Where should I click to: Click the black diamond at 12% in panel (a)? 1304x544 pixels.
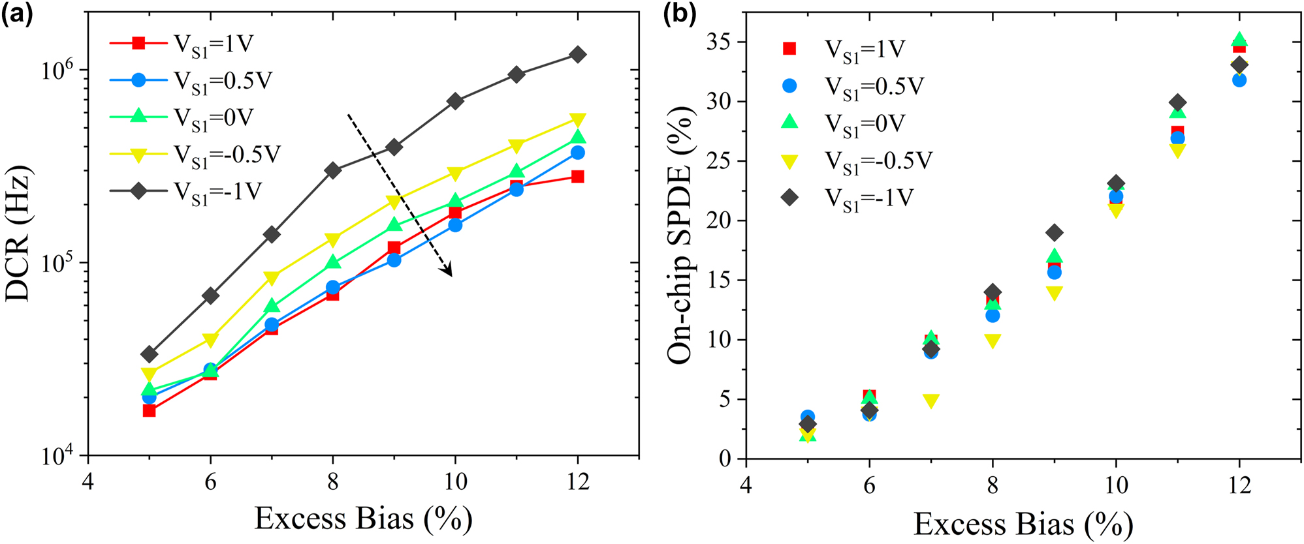point(577,55)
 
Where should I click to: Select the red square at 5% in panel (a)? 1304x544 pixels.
point(149,410)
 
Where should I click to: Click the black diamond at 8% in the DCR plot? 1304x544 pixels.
point(332,170)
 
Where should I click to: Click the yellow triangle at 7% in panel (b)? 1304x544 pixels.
point(931,400)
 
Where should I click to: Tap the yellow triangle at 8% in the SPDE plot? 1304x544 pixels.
point(993,341)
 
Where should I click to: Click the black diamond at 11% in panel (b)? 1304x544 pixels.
point(1177,103)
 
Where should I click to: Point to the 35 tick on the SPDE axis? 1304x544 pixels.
point(718,42)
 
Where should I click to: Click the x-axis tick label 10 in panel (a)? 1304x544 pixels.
point(454,482)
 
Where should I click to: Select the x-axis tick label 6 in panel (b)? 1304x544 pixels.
point(869,485)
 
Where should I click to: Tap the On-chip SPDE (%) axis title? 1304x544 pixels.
point(680,235)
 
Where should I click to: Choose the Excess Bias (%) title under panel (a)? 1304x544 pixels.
point(363,519)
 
